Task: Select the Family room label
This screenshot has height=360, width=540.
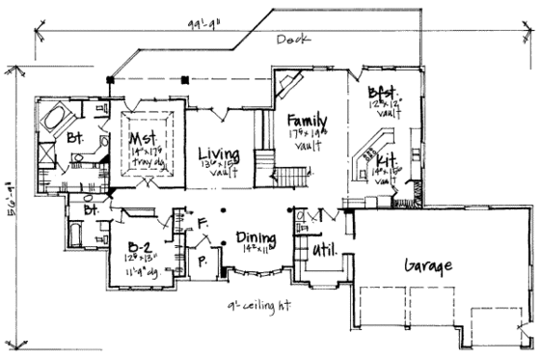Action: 309,122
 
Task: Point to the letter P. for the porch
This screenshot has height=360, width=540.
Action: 204,260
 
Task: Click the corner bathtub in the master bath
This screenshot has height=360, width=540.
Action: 54,119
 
